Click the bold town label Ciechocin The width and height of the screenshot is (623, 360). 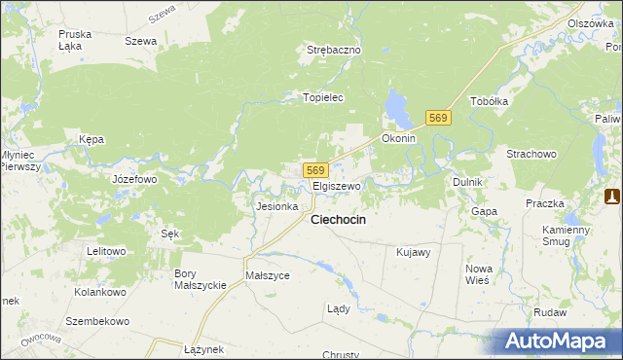338,220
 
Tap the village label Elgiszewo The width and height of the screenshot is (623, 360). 337,185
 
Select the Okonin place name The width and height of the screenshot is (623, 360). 399,138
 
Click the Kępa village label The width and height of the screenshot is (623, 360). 92,139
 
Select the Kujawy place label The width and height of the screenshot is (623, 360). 414,252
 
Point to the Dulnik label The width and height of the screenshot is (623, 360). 468,182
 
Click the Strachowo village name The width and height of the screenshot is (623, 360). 531,154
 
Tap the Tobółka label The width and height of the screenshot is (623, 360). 490,101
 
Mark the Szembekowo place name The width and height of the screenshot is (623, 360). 97,320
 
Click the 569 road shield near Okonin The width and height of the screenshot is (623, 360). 438,118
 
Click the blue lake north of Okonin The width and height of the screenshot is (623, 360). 397,107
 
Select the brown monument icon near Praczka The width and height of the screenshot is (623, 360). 611,197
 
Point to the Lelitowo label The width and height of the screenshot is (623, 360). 107,251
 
